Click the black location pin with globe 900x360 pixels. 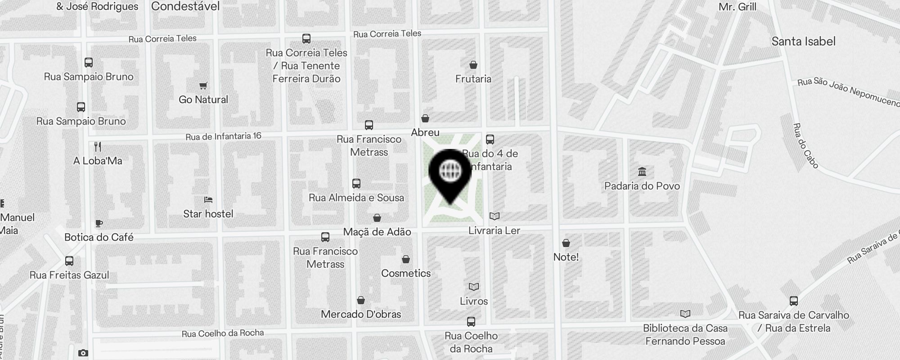click(450, 173)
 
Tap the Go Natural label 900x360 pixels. click(203, 99)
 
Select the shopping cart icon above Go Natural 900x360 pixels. click(203, 85)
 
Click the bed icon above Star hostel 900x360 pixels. click(208, 200)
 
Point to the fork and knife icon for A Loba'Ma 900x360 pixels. click(98, 147)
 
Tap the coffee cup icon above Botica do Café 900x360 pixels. click(99, 223)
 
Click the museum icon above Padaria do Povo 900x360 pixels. click(642, 172)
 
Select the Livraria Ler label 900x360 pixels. click(494, 230)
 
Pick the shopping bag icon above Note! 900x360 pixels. click(566, 243)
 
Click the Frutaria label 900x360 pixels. click(473, 79)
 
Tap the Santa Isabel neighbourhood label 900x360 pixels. click(803, 41)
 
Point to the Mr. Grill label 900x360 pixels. click(738, 7)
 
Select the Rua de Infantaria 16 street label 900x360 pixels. click(223, 136)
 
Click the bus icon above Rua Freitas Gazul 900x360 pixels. click(69, 261)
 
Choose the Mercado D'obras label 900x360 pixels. click(361, 314)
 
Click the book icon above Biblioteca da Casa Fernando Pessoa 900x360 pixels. click(685, 314)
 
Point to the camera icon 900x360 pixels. click(83, 353)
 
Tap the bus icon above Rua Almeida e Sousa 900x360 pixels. click(356, 184)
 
